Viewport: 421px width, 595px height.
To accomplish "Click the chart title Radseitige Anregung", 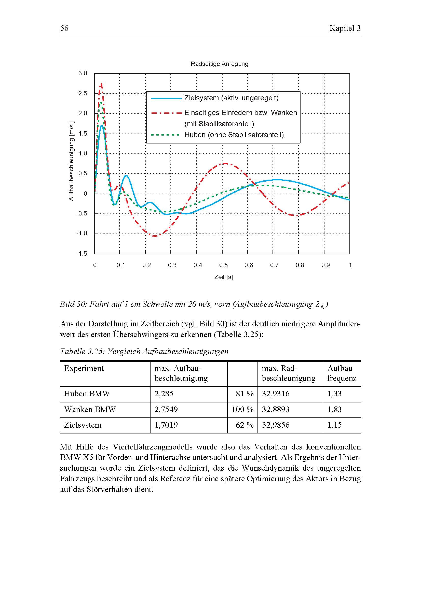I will tap(219, 64).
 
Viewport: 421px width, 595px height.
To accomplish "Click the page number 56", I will tap(64, 28).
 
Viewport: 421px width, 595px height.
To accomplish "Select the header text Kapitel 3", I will tap(345, 28).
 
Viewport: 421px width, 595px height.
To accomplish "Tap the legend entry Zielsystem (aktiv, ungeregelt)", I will tap(231, 98).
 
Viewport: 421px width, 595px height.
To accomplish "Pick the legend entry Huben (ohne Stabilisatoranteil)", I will tap(234, 135).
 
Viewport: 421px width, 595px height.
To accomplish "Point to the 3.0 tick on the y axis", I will tap(83, 73).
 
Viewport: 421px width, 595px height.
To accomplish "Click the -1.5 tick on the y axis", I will tap(82, 253).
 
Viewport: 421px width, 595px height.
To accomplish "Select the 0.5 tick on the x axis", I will tap(223, 265).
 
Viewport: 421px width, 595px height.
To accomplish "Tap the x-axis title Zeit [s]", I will tap(223, 277).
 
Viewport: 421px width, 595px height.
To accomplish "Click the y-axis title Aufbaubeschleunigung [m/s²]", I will tap(72, 161).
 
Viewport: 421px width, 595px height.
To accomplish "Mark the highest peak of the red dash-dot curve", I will tap(101, 84).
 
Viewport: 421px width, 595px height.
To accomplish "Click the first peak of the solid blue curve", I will tap(102, 126).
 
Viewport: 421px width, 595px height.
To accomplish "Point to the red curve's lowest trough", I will tap(155, 236).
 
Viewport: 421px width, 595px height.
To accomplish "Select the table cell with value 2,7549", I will tap(166, 410).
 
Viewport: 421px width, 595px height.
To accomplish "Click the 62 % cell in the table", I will tap(244, 425).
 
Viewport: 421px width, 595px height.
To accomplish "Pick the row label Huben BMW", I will tap(87, 394).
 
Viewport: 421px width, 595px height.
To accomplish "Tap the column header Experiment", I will tap(84, 368).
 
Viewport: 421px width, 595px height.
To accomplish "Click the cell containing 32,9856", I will tap(276, 425).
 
